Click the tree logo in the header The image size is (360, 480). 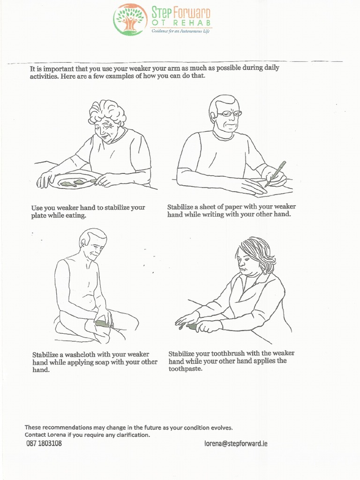click(x=130, y=19)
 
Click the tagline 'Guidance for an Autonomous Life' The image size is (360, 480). click(x=180, y=30)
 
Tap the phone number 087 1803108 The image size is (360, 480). click(x=44, y=443)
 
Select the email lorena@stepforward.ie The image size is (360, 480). click(x=236, y=443)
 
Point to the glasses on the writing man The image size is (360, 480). click(x=229, y=113)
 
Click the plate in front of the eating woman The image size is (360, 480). click(x=73, y=181)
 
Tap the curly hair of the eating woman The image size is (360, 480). click(x=107, y=112)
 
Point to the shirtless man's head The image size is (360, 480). click(x=93, y=243)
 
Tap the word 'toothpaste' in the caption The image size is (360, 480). click(x=185, y=369)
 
